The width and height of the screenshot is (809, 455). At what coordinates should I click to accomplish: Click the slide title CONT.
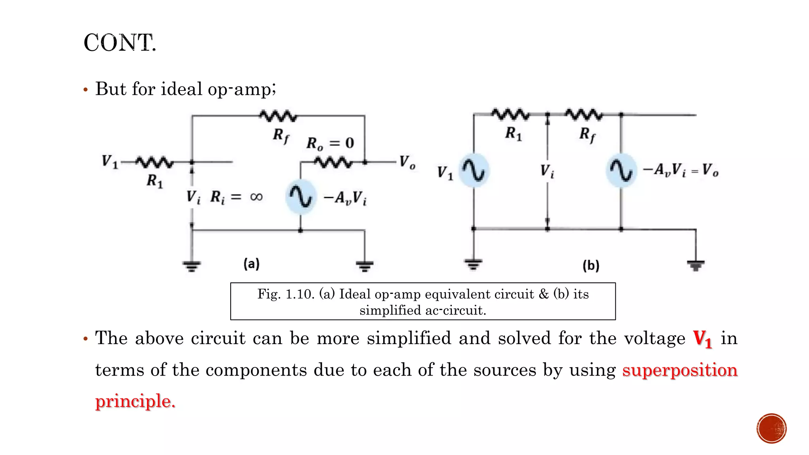point(120,43)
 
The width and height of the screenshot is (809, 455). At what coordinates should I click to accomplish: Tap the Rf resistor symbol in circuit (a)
point(278,116)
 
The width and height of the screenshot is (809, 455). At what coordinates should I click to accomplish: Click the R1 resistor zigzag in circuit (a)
point(154,162)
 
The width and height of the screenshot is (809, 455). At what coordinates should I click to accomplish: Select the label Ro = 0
point(330,143)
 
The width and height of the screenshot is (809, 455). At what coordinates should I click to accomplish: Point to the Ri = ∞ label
point(236,197)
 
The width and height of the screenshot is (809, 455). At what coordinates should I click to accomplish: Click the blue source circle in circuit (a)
point(301,197)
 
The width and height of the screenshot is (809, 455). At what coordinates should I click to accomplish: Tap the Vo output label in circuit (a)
point(407,162)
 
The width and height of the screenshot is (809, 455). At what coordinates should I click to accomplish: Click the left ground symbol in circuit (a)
point(192,266)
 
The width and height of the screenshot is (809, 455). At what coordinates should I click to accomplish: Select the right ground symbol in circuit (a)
point(364,266)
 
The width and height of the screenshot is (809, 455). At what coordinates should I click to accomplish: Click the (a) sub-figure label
point(251,263)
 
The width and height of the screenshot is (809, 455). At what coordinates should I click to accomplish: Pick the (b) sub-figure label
point(591,265)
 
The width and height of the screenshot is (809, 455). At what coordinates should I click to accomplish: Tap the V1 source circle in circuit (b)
point(474,171)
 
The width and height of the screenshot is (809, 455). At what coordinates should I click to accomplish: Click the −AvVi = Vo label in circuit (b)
point(681,170)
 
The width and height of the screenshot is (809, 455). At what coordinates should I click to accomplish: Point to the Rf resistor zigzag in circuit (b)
point(584,115)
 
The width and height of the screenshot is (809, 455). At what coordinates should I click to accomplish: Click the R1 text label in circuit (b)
point(514,133)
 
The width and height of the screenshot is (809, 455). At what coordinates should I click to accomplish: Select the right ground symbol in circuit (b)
point(696,265)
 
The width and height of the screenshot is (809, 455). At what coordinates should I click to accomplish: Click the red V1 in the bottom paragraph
point(703,339)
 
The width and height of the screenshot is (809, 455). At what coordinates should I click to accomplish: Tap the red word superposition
point(680,370)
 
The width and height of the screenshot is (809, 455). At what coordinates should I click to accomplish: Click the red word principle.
point(135,401)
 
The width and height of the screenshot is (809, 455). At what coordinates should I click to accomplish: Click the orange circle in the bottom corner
point(771,429)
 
